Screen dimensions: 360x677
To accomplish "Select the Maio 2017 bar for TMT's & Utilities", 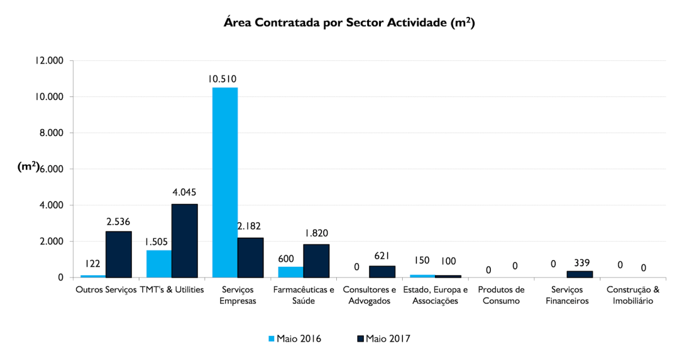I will click(184, 240).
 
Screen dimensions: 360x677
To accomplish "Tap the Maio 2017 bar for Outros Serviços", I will click(118, 254).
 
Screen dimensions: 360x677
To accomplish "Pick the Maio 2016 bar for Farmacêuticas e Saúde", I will click(290, 272).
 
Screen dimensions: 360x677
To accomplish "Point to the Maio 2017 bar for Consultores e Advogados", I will click(382, 271).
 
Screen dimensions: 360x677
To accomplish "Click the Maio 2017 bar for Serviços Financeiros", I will click(579, 274).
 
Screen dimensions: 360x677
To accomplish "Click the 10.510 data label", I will click(222, 79).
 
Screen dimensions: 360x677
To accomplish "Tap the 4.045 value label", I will click(184, 192).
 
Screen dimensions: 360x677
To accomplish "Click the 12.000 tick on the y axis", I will click(49, 60).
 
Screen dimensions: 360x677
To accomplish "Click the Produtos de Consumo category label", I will click(501, 295).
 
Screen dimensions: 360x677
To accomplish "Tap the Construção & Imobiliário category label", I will click(632, 295).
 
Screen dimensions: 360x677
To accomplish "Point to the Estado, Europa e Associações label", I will click(435, 295).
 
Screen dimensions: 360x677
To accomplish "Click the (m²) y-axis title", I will click(28, 167).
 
